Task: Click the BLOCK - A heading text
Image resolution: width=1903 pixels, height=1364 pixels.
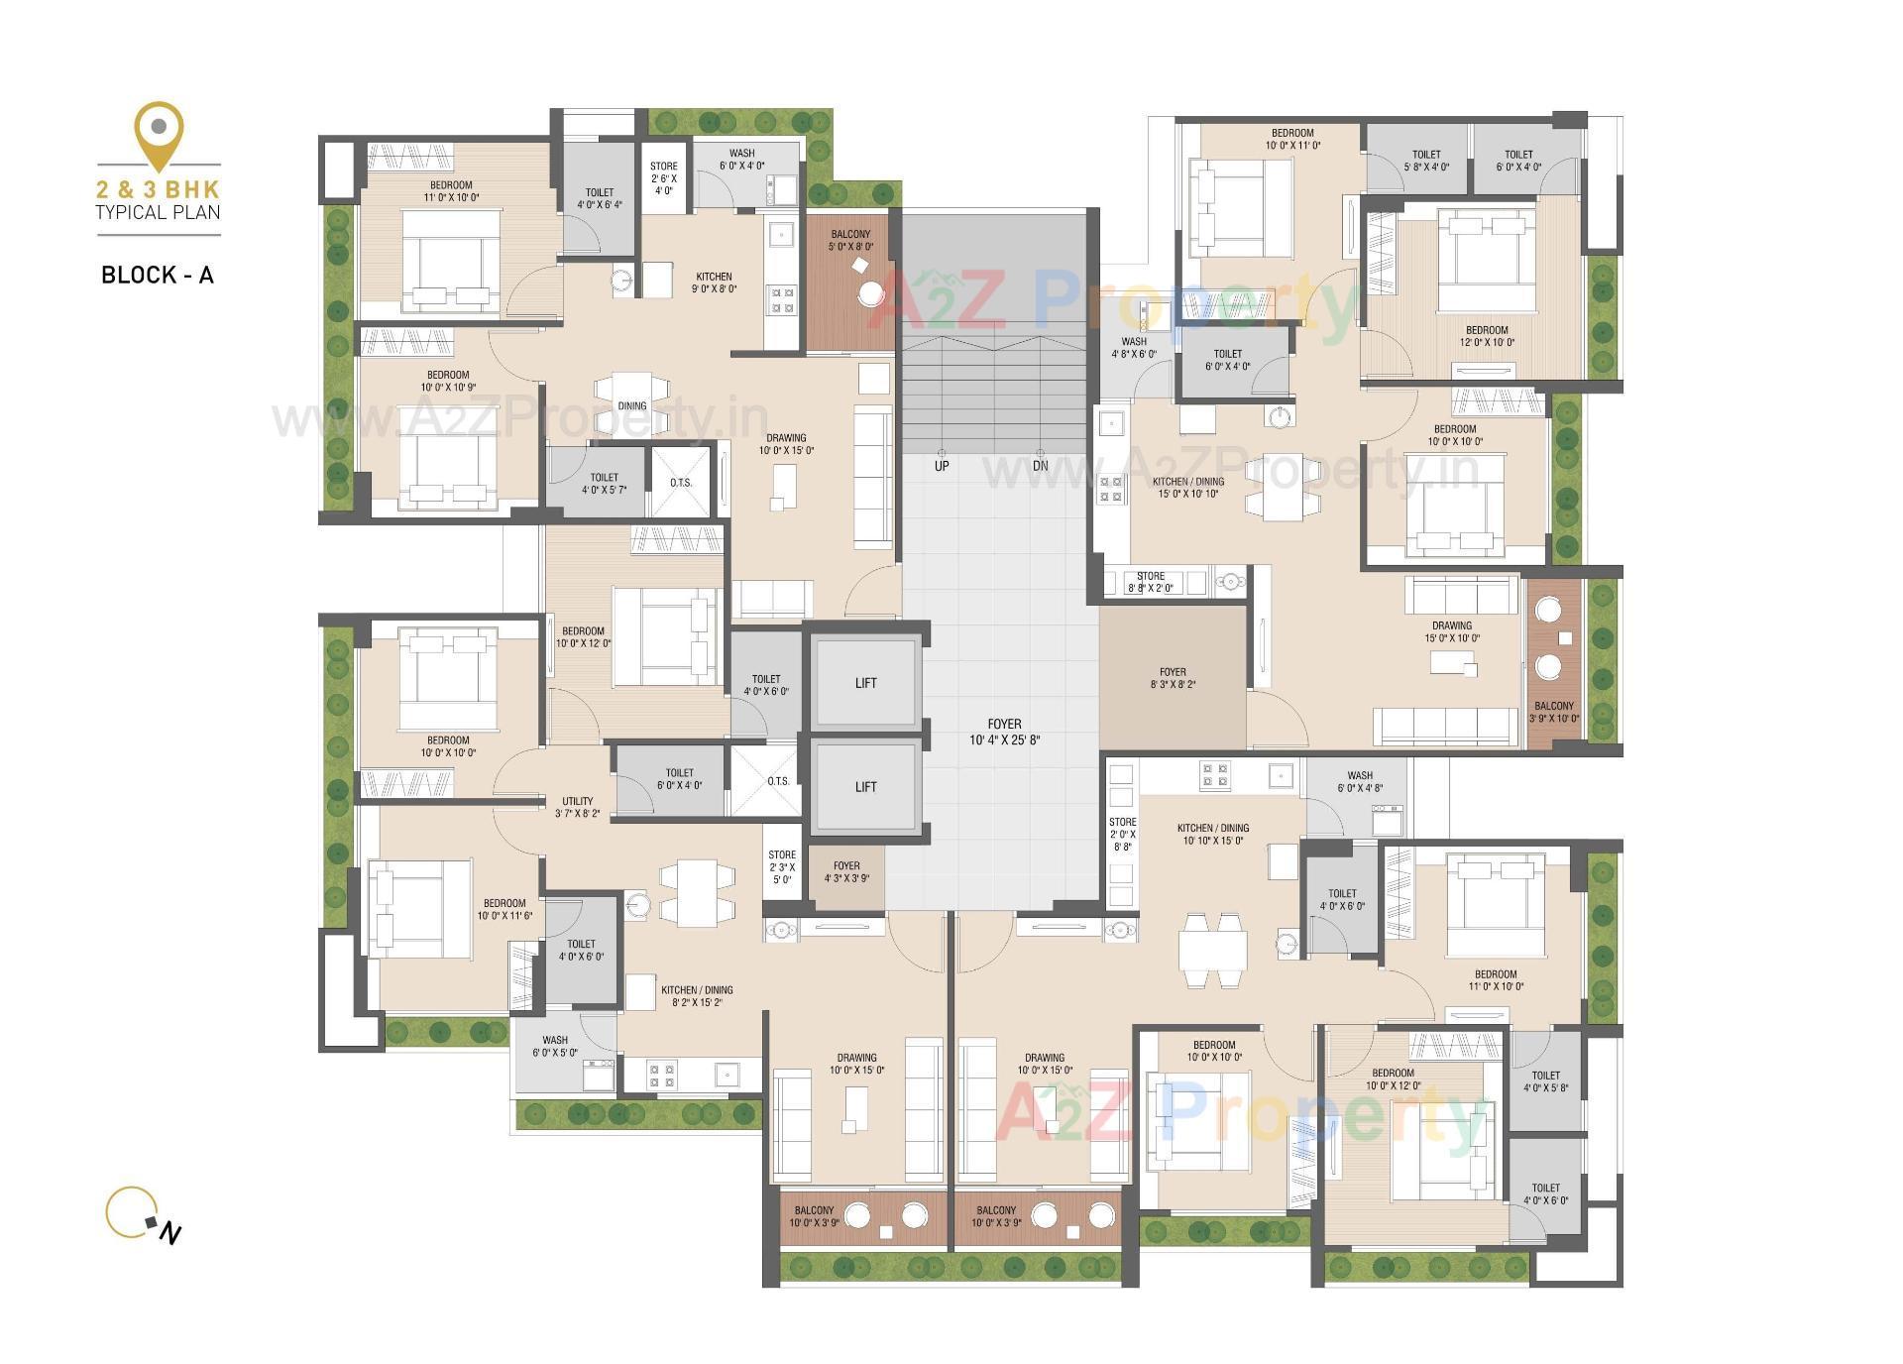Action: (158, 275)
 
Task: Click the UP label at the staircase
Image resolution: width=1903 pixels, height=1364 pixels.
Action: (942, 466)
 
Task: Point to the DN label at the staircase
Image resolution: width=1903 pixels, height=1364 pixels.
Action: (1040, 466)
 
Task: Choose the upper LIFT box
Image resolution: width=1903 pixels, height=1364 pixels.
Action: (865, 683)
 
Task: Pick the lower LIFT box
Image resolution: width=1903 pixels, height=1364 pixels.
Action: (865, 787)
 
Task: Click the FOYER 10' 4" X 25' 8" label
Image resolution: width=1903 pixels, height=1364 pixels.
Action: (1004, 732)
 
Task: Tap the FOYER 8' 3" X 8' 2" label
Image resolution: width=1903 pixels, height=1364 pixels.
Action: (1173, 678)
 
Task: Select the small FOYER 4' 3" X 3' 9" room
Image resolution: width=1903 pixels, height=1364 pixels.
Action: (846, 872)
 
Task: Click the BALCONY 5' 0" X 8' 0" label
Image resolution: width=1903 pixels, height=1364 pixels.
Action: (850, 241)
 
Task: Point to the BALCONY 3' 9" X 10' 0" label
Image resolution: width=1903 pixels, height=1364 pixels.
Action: (1553, 712)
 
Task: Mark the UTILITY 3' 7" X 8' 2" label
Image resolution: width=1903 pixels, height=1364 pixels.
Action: (578, 807)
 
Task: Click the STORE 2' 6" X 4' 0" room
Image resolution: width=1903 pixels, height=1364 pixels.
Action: (664, 178)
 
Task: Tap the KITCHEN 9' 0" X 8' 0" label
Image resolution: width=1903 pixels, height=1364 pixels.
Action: (714, 284)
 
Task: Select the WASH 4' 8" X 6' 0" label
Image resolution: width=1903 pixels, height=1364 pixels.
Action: (1134, 347)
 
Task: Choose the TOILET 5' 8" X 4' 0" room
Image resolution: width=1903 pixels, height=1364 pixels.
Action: (1426, 160)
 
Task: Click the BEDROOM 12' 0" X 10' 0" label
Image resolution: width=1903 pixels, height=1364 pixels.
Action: (1487, 336)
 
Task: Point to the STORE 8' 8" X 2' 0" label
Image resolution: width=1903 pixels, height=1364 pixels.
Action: (1151, 582)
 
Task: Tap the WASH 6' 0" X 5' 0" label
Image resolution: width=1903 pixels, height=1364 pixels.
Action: (555, 1047)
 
